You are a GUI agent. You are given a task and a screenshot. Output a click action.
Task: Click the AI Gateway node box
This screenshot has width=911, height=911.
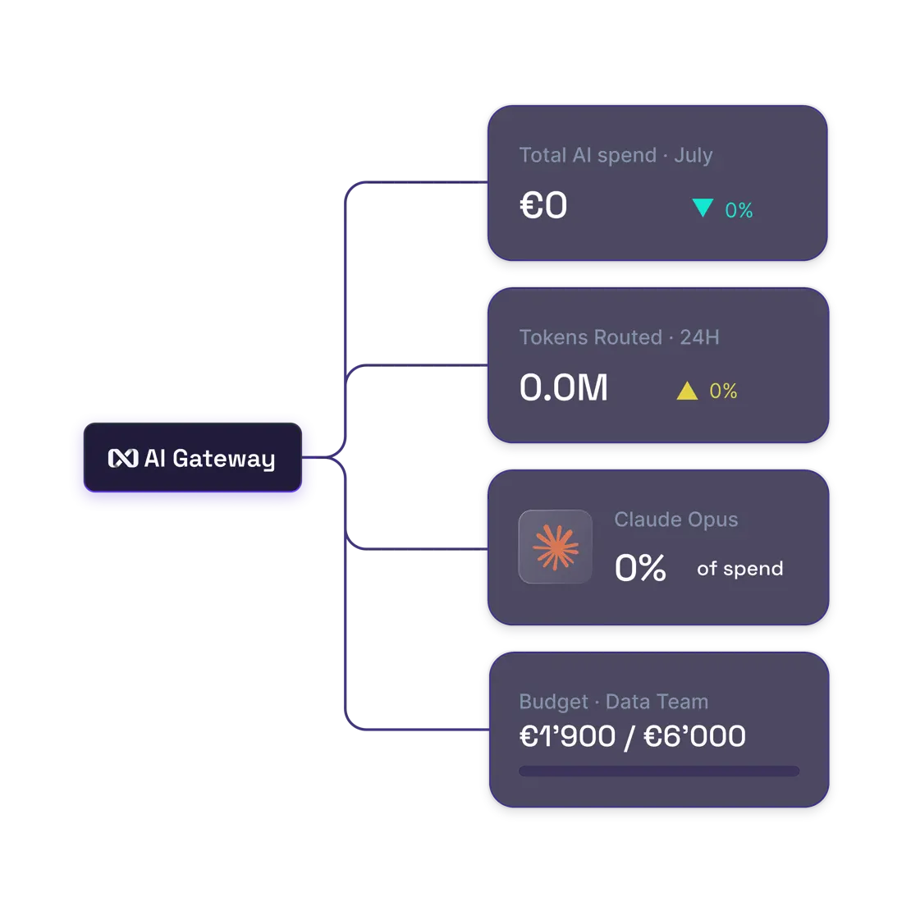coord(193,457)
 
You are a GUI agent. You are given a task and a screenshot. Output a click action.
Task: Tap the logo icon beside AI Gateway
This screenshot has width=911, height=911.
coord(123,459)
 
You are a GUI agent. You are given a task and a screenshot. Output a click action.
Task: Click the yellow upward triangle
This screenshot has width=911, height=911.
coord(687,391)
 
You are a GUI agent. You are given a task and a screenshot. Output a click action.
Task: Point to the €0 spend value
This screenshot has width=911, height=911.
coord(543,205)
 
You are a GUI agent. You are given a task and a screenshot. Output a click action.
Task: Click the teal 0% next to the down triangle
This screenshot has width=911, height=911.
coord(739,210)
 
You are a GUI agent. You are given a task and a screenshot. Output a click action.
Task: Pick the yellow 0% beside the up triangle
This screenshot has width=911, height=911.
coord(723,391)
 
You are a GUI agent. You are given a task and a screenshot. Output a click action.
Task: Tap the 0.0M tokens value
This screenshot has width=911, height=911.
coord(564,387)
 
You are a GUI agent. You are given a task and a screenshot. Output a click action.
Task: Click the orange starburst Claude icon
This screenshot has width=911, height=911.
coord(556,547)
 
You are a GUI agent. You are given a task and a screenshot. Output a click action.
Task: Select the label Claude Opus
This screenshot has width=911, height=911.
coord(675,520)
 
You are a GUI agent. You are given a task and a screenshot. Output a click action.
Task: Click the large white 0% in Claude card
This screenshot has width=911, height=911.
coord(640,568)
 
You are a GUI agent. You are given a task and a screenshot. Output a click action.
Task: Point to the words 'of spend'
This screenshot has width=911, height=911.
coord(739,568)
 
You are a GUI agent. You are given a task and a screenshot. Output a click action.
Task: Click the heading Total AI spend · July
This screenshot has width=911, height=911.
coord(616,155)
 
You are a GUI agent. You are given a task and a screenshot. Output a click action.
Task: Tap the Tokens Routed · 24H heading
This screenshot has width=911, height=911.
coord(620,337)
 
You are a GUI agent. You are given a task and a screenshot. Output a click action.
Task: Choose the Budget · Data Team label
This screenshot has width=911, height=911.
coord(614,702)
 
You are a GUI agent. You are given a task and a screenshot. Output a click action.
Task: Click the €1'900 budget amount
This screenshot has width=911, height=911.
coord(567,736)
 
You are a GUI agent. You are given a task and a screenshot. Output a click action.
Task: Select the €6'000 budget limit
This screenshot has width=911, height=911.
coord(695,736)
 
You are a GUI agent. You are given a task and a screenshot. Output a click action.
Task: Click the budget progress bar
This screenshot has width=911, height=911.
coord(659,771)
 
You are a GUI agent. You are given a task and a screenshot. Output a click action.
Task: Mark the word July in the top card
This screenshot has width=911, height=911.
coord(694,156)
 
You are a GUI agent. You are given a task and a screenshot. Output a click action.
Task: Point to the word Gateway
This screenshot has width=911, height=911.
coord(224,459)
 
